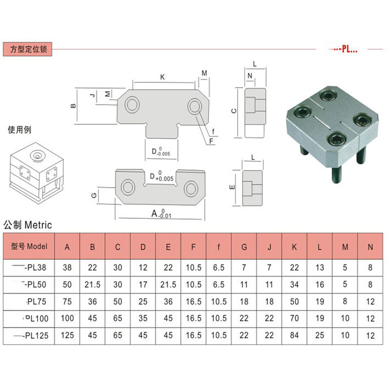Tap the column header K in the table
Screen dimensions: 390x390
[x=294, y=247]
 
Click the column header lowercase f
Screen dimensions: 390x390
[x=218, y=247]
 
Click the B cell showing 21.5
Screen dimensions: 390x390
[x=92, y=284]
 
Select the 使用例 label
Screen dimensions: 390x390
[x=19, y=130]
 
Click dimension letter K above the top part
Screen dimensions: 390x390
[x=162, y=77]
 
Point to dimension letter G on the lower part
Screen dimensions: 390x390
[x=94, y=195]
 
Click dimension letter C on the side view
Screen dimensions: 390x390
[x=234, y=111]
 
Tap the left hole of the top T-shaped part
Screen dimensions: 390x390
[x=132, y=104]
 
